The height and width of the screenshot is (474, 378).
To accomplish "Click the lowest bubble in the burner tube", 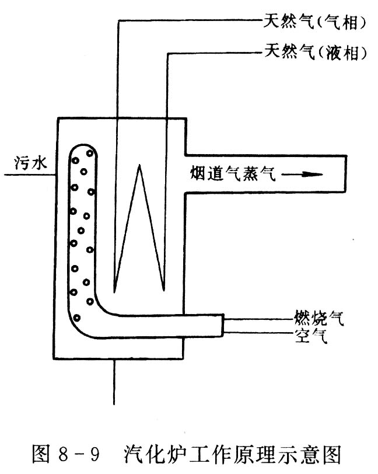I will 76,317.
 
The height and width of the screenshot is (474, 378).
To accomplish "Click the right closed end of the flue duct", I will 346,173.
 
